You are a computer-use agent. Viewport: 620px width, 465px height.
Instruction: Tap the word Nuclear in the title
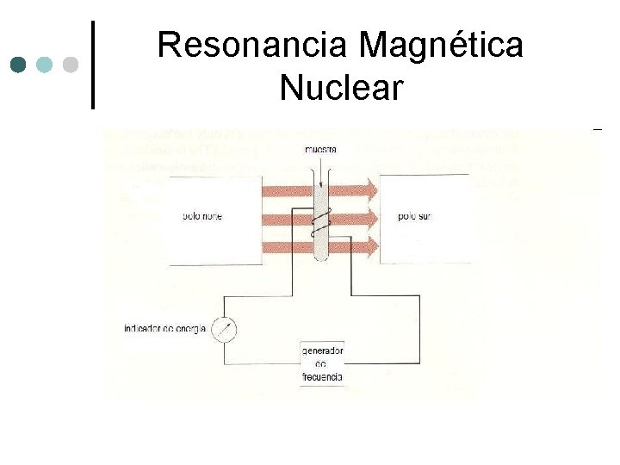pyautogui.click(x=341, y=87)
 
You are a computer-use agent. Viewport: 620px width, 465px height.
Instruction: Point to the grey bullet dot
pyautogui.click(x=71, y=65)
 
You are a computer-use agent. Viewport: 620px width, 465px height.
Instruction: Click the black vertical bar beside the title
pyautogui.click(x=93, y=65)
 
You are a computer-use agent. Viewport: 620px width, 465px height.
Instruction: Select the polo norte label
pyautogui.click(x=202, y=217)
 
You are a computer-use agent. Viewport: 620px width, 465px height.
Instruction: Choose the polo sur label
pyautogui.click(x=414, y=217)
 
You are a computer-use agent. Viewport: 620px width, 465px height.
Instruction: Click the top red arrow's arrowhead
pyautogui.click(x=370, y=187)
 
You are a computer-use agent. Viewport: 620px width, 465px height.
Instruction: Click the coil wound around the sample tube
pyautogui.click(x=320, y=223)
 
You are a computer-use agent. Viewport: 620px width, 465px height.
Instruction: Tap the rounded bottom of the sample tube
pyautogui.click(x=320, y=256)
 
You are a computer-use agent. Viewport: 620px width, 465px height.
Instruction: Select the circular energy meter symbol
pyautogui.click(x=224, y=329)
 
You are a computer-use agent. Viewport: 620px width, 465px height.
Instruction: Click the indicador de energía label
pyautogui.click(x=164, y=329)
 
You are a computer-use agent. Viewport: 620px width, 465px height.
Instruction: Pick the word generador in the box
pyautogui.click(x=322, y=351)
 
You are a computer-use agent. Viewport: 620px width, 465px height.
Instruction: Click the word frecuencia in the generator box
pyautogui.click(x=322, y=377)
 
